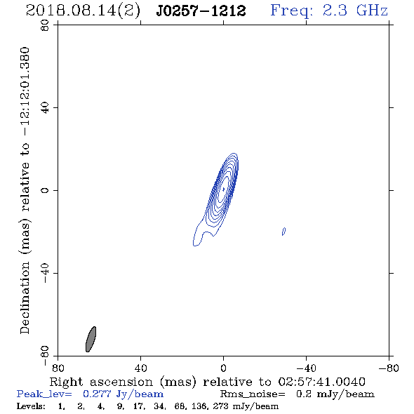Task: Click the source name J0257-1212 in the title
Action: [201, 11]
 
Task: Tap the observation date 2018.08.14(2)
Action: [83, 11]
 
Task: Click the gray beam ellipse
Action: [91, 340]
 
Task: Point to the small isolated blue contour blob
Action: [283, 232]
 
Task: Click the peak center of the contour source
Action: [223, 189]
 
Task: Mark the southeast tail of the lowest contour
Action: [196, 243]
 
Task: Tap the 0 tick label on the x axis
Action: [223, 368]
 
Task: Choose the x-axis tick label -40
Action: [306, 368]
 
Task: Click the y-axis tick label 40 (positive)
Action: [45, 108]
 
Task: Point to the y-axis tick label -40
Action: [45, 273]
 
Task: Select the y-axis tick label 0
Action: [45, 190]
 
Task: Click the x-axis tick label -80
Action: [389, 368]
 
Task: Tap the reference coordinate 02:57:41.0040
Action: [322, 382]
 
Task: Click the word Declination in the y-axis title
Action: [25, 298]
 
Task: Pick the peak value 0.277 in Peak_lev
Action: [97, 394]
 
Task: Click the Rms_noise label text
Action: [253, 394]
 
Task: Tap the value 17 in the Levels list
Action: [138, 406]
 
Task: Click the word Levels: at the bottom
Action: [31, 406]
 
